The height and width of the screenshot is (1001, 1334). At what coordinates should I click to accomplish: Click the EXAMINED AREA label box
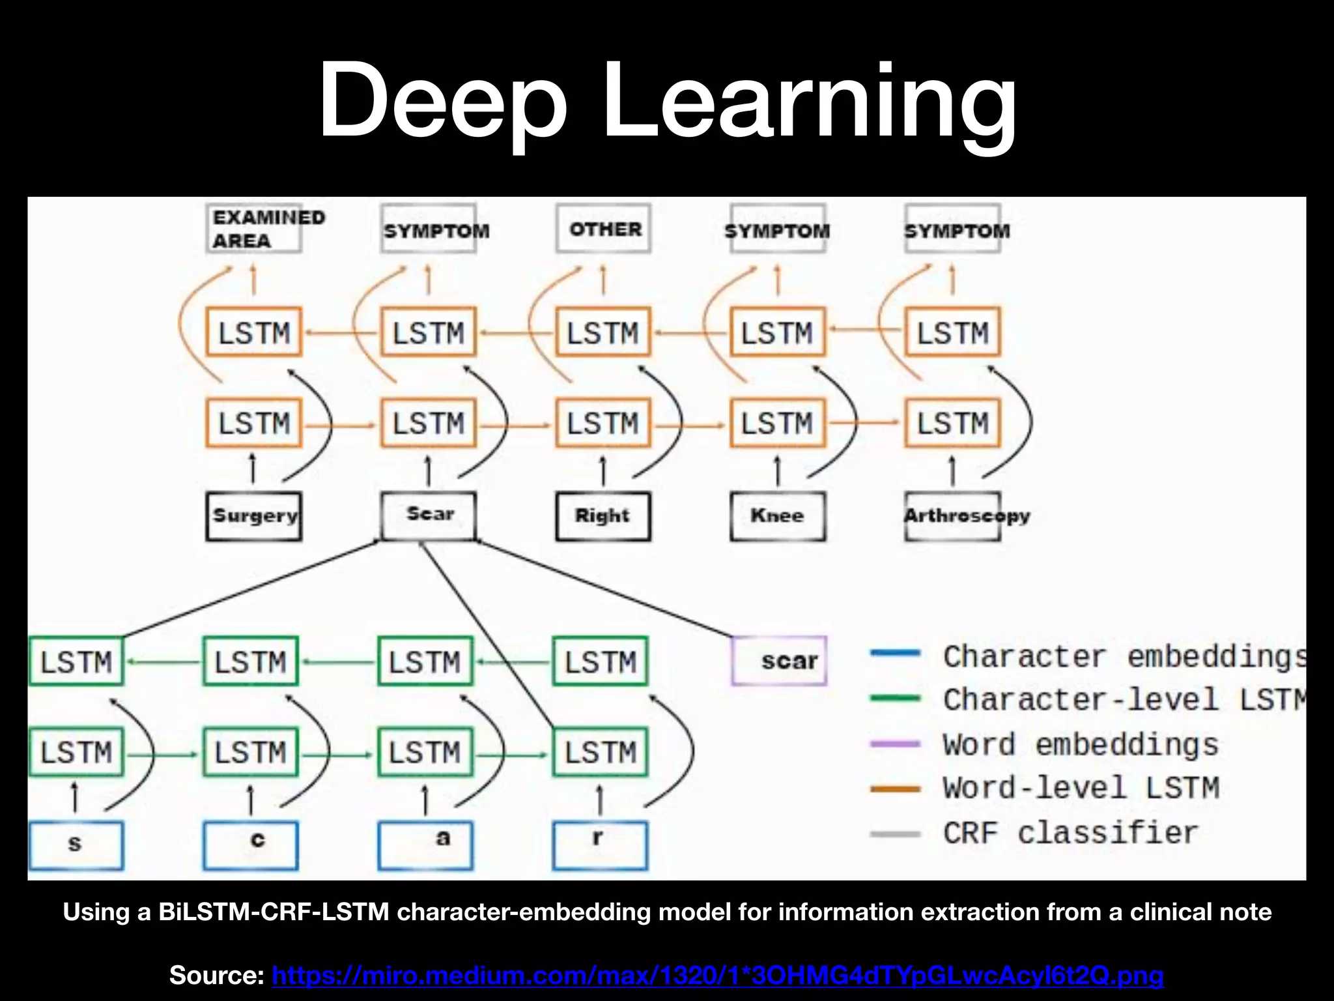[x=254, y=229]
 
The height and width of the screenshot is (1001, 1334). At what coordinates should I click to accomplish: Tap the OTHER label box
[x=604, y=229]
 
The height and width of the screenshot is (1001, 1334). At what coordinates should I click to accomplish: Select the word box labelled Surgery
[x=254, y=516]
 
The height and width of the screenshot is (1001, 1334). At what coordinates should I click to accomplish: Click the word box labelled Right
[x=603, y=516]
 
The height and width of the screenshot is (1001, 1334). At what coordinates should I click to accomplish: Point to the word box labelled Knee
[x=778, y=516]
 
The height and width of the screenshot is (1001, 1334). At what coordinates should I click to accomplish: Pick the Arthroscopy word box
[x=953, y=516]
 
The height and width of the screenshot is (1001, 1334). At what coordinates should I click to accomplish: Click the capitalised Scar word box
[x=429, y=515]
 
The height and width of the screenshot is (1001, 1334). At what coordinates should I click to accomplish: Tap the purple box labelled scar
[x=779, y=661]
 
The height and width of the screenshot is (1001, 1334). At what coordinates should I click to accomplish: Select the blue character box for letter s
[x=76, y=845]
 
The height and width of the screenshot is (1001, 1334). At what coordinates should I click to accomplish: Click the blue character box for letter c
[x=251, y=845]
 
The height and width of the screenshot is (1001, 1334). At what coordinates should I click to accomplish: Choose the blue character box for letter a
[x=425, y=845]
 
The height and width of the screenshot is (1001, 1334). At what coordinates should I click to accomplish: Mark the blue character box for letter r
[x=601, y=845]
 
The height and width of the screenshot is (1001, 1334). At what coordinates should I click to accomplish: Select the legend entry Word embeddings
[x=1080, y=744]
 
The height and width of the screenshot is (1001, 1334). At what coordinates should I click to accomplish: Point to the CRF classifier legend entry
[x=1070, y=833]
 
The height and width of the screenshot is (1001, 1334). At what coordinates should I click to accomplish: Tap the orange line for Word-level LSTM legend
[x=896, y=789]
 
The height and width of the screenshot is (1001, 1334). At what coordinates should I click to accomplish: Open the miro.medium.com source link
[x=717, y=975]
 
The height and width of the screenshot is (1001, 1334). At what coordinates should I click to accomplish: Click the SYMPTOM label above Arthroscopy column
[x=953, y=230]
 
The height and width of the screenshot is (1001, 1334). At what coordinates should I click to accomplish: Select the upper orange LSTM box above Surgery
[x=254, y=332]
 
